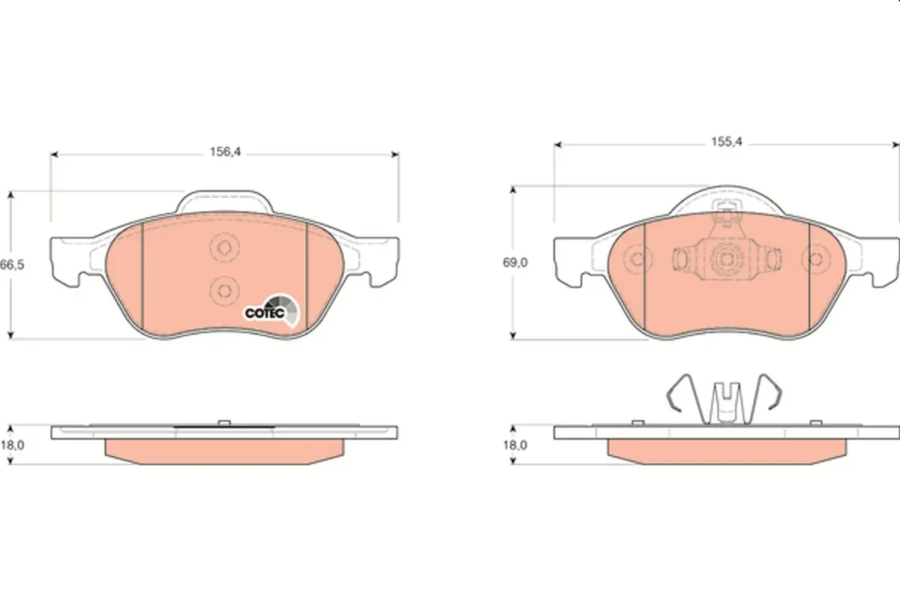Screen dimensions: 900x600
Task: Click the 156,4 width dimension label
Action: pyautogui.click(x=226, y=152)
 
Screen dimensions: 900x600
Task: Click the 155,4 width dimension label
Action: pyautogui.click(x=727, y=142)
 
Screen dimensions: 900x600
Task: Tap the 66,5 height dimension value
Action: pyautogui.click(x=12, y=265)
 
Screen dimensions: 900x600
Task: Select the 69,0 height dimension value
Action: pyautogui.click(x=515, y=262)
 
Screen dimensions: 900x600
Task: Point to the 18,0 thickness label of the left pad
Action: pyautogui.click(x=13, y=445)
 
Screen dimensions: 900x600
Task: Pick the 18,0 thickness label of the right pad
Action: pyautogui.click(x=515, y=445)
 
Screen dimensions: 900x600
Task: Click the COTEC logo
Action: pyautogui.click(x=272, y=310)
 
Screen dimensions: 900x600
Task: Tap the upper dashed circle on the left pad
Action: pyautogui.click(x=224, y=248)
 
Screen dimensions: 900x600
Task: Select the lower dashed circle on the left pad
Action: pyautogui.click(x=224, y=290)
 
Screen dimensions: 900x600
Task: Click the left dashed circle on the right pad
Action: pyautogui.click(x=637, y=259)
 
